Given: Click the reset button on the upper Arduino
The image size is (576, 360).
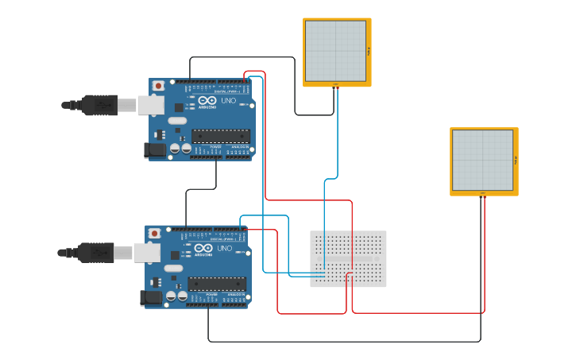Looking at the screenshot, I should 158,85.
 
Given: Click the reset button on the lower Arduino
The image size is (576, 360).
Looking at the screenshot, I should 154,233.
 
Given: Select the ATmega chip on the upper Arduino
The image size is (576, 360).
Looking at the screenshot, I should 221,136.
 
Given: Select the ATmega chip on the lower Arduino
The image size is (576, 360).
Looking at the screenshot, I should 217,284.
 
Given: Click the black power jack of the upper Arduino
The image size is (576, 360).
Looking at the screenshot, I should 155,149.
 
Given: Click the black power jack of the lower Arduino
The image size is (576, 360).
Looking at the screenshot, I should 151,297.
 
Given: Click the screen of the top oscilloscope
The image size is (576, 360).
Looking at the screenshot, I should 335,51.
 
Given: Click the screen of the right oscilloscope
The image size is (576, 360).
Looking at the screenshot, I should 482,160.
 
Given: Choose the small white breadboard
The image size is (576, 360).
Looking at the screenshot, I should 348,259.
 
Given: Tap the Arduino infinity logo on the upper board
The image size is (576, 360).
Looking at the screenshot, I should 207,100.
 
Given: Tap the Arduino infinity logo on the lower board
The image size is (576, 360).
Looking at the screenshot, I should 203,248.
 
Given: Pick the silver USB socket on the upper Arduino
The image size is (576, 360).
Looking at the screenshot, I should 150,105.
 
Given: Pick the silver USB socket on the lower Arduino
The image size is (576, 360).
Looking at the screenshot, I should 146,253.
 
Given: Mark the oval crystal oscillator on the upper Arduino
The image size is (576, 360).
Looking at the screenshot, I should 177,121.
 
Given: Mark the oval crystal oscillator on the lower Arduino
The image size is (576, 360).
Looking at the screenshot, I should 173,269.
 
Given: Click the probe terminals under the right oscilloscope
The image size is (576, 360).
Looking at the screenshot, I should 482,194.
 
